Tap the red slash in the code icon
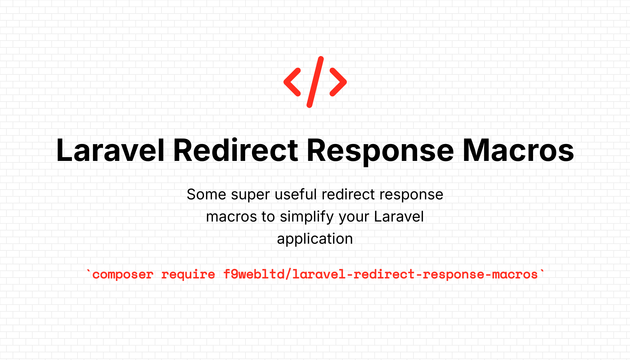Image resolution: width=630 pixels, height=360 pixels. (x=315, y=82)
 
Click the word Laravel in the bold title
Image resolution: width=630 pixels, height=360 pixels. (x=110, y=150)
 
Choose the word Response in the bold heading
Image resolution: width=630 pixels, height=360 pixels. (x=380, y=152)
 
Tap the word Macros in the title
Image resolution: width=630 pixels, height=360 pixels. (x=518, y=150)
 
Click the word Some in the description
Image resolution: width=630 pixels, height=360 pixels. (x=206, y=194)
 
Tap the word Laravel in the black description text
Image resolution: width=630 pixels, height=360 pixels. (x=399, y=216)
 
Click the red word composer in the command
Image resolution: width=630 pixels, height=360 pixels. (x=123, y=274)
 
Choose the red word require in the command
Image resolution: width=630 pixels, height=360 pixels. (x=188, y=274)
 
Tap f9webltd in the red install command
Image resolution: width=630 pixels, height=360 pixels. (x=254, y=274)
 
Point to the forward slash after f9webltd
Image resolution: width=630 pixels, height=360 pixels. (x=288, y=274)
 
